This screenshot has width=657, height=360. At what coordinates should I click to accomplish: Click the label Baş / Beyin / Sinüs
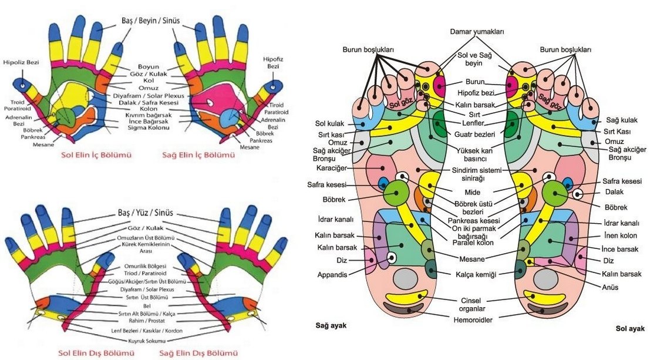tap(149, 21)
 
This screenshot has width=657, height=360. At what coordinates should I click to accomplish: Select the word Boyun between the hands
tap(149, 66)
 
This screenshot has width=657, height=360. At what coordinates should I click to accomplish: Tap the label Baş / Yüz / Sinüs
tap(149, 213)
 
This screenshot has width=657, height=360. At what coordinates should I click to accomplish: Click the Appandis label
tap(332, 274)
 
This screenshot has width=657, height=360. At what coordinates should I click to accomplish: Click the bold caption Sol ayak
tap(631, 329)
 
